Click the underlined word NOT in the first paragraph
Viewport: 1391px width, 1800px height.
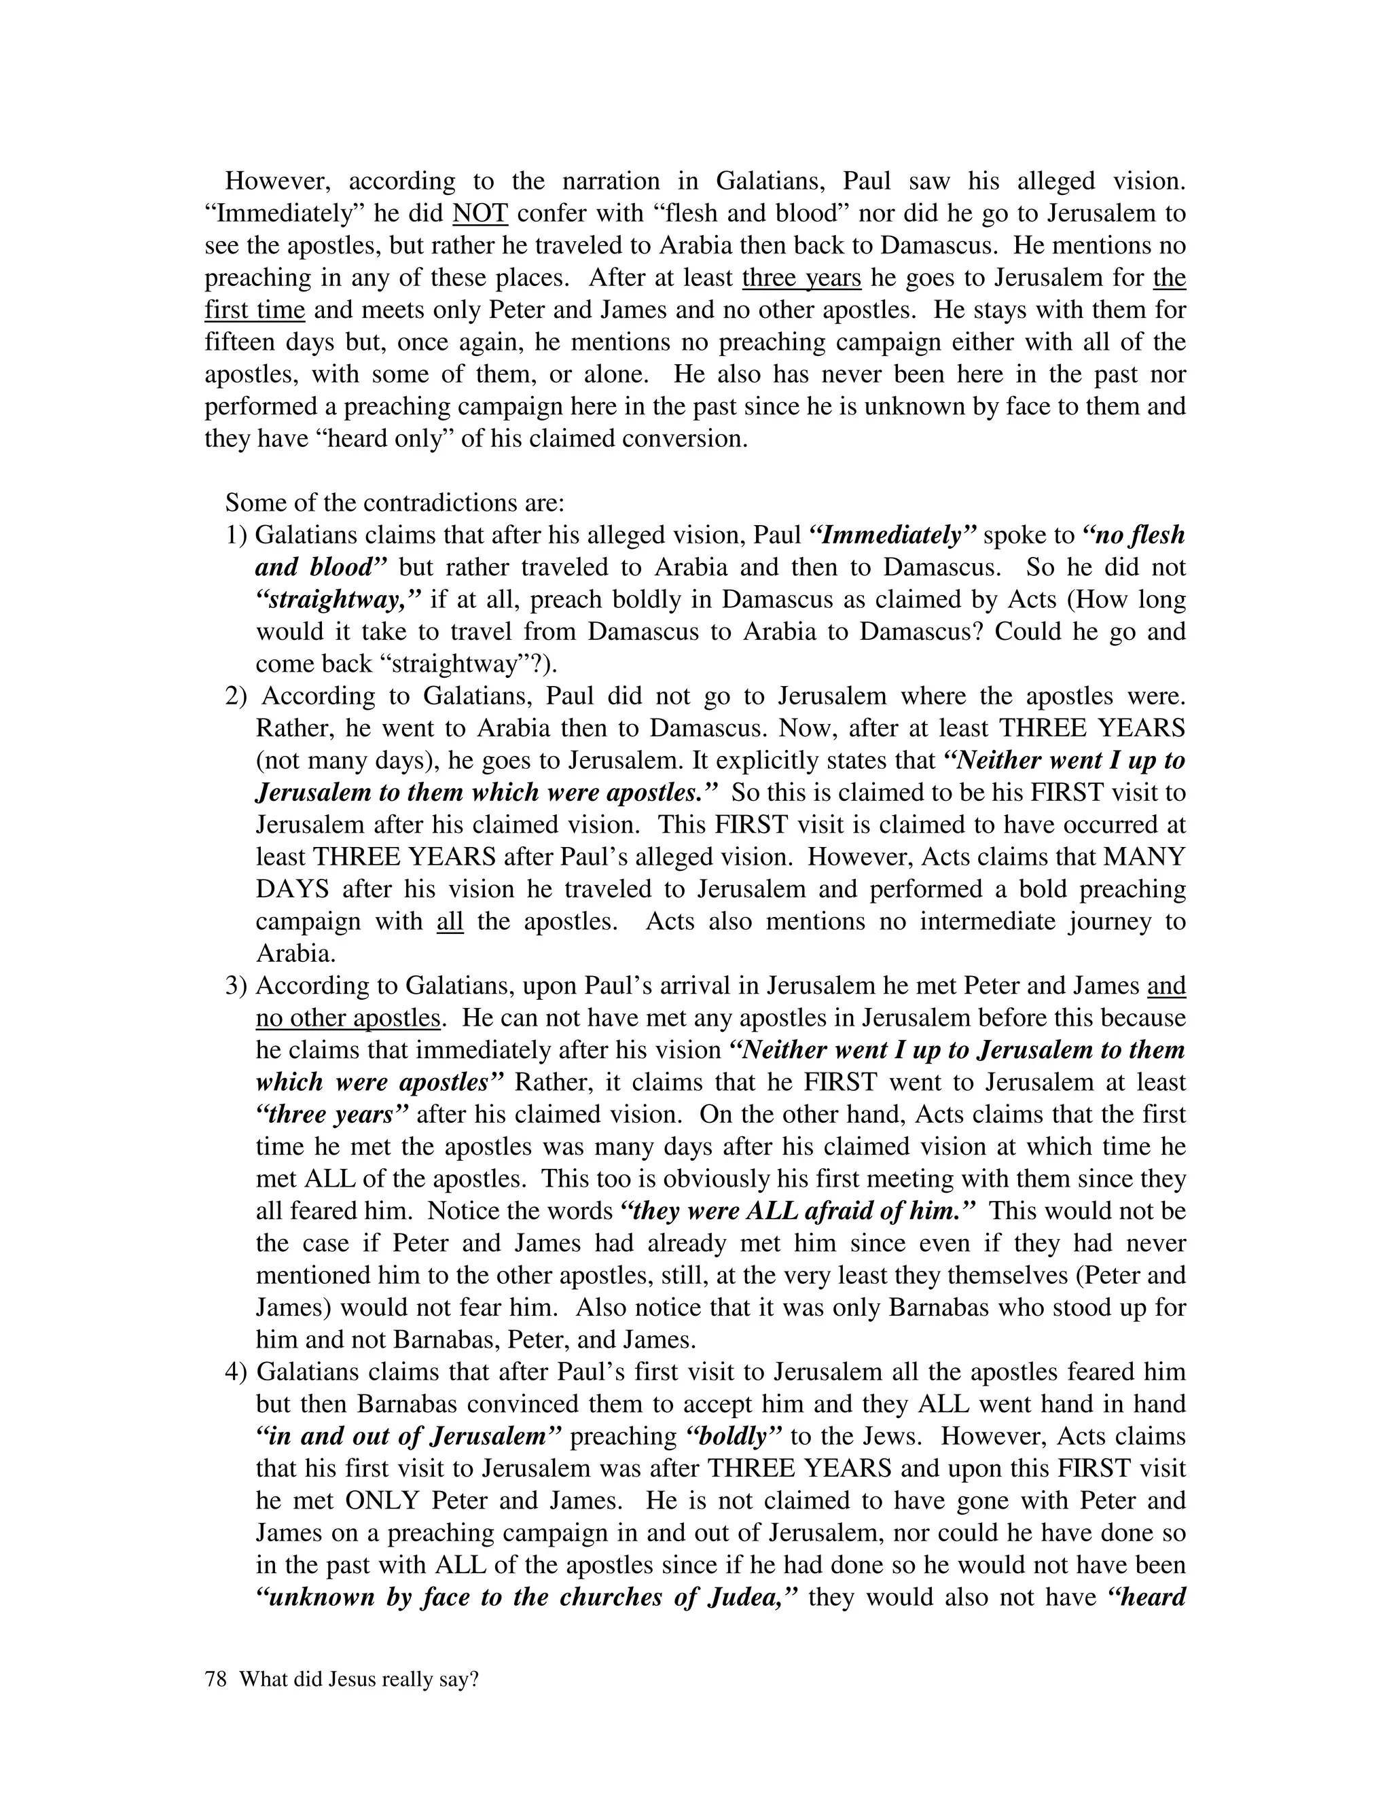(x=480, y=213)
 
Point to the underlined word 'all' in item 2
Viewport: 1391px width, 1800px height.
(x=450, y=922)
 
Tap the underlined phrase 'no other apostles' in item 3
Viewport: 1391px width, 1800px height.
(x=348, y=1019)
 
